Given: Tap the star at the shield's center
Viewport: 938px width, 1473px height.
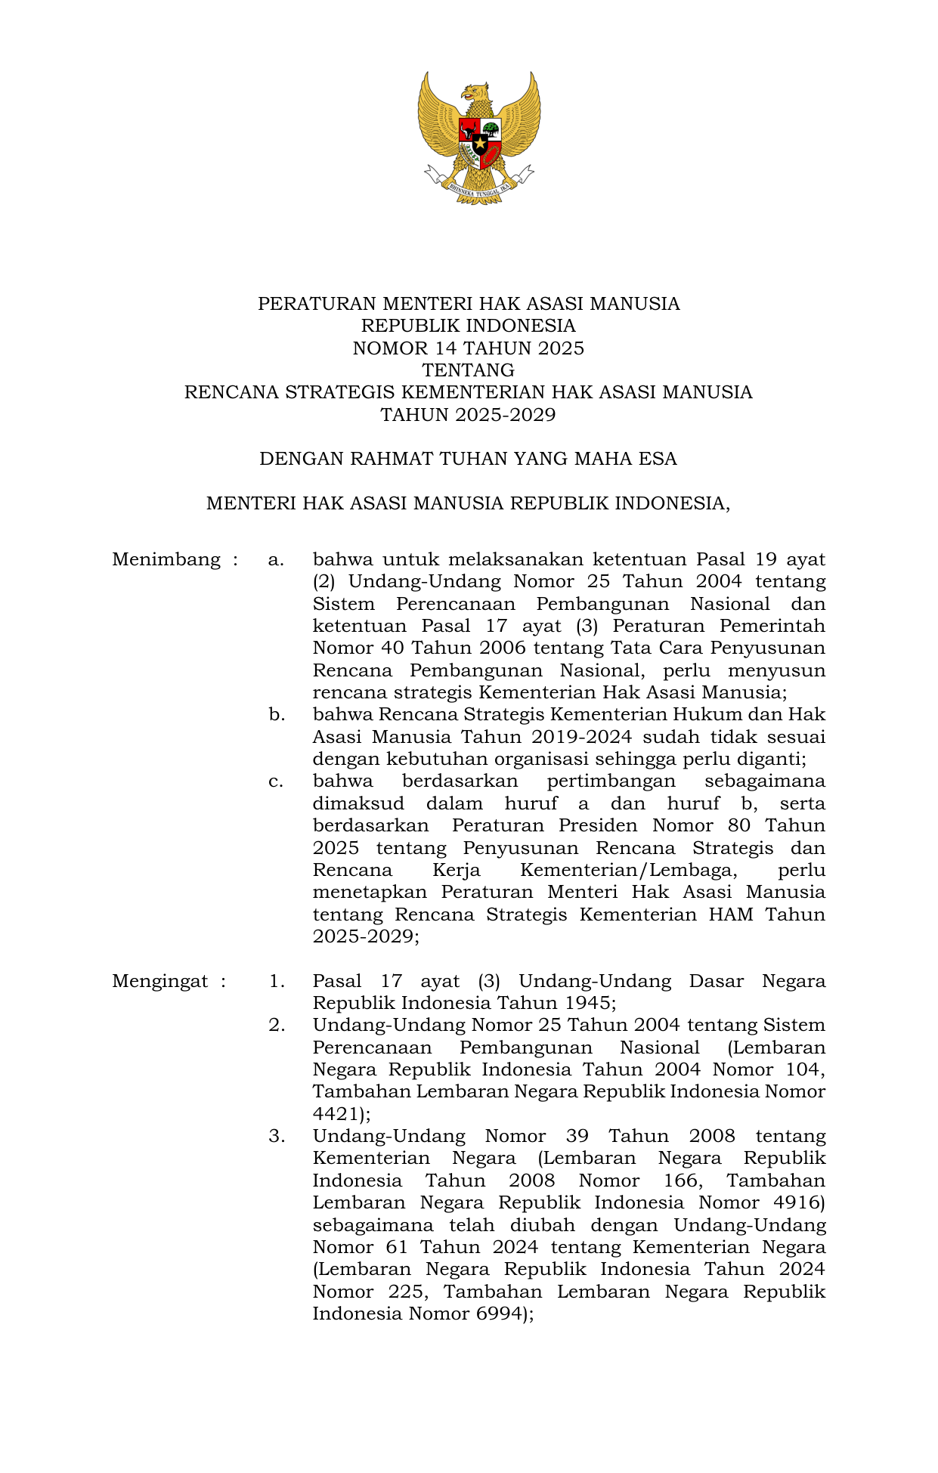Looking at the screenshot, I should pyautogui.click(x=479, y=142).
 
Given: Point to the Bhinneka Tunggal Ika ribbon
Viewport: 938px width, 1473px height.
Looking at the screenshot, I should pyautogui.click(x=479, y=190).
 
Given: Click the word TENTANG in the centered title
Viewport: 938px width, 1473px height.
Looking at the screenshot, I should pyautogui.click(x=468, y=370).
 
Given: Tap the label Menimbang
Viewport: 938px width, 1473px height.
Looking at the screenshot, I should pyautogui.click(x=166, y=560).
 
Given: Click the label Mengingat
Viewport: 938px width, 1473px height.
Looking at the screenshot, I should pyautogui.click(x=160, y=982).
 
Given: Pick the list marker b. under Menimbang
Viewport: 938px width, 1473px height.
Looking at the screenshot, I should pyautogui.click(x=277, y=715).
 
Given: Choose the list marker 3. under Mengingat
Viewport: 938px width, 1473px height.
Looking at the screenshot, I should pyautogui.click(x=277, y=1137).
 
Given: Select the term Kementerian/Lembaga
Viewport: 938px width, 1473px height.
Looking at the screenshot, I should pyautogui.click(x=628, y=870).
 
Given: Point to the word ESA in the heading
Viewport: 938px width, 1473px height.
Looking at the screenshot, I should pyautogui.click(x=656, y=460).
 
